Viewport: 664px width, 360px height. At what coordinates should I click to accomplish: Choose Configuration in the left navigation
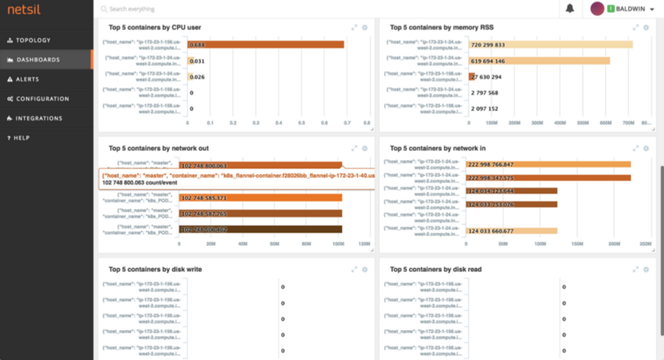point(41,99)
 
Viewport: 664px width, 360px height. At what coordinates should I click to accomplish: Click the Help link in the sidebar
point(22,138)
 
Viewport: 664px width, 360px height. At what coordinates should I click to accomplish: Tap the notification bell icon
point(569,8)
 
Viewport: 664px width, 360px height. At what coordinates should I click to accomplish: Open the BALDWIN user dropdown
point(622,8)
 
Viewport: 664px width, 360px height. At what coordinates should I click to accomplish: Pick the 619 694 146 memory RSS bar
point(539,61)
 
